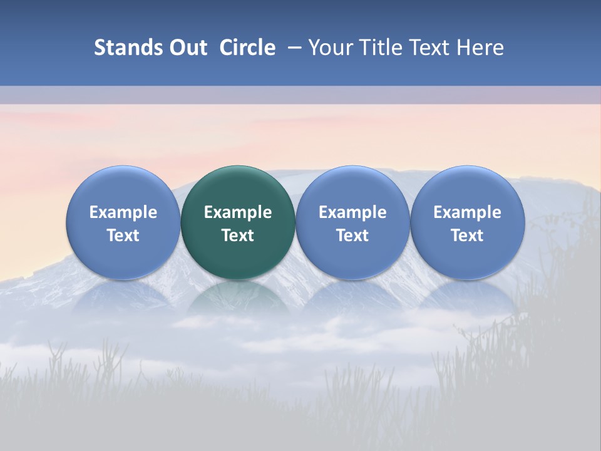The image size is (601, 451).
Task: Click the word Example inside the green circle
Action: (x=238, y=212)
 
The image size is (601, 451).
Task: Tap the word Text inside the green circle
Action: (x=238, y=236)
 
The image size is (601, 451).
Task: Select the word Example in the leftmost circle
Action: (x=123, y=212)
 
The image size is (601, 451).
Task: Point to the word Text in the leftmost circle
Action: (x=123, y=236)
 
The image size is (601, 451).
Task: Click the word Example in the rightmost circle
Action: (x=467, y=212)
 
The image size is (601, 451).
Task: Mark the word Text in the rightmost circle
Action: (x=467, y=236)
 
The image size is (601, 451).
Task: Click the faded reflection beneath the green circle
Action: (x=238, y=298)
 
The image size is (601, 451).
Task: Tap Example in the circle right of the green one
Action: (x=352, y=212)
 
